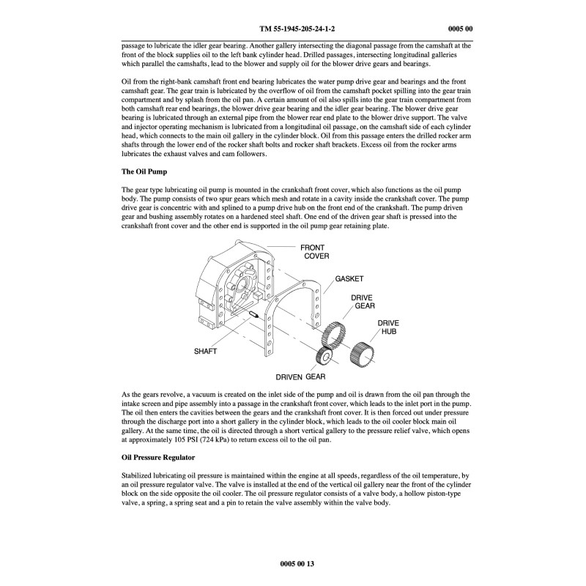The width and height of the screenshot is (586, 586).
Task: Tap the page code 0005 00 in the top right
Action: pos(459,29)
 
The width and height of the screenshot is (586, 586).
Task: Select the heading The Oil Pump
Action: pos(145,171)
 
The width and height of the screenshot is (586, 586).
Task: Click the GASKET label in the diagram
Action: pos(349,279)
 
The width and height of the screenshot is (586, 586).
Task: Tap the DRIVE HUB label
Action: pos(389,327)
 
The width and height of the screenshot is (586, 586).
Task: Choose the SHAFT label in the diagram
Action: pos(206,352)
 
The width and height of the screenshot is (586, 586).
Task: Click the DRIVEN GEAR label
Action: pos(300,377)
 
